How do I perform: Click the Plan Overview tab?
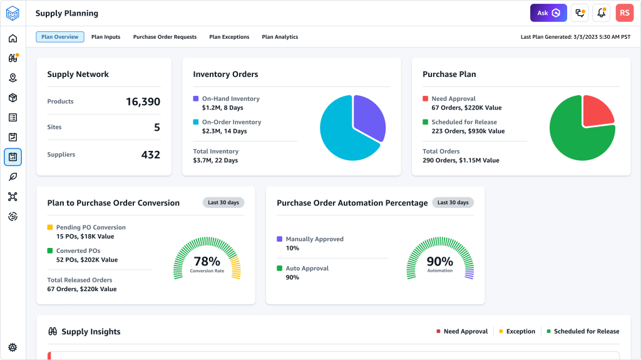pos(60,37)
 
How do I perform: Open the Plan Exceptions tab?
pos(229,37)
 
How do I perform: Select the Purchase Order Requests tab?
pos(165,37)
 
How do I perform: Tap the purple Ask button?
pos(548,13)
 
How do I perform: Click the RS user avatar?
pos(624,13)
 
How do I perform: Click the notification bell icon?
pos(601,13)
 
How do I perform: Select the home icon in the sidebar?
pos(13,39)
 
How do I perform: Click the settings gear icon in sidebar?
pos(13,347)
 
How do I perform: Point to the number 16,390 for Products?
pos(143,101)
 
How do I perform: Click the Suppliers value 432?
pos(150,155)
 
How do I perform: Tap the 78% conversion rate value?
pos(207,261)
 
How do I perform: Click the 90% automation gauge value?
pos(439,261)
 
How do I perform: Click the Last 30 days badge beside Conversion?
pos(223,203)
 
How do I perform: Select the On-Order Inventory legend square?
pos(196,122)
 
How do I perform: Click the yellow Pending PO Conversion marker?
pos(50,227)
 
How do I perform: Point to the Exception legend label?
pos(521,331)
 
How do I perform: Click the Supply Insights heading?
pos(91,331)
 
